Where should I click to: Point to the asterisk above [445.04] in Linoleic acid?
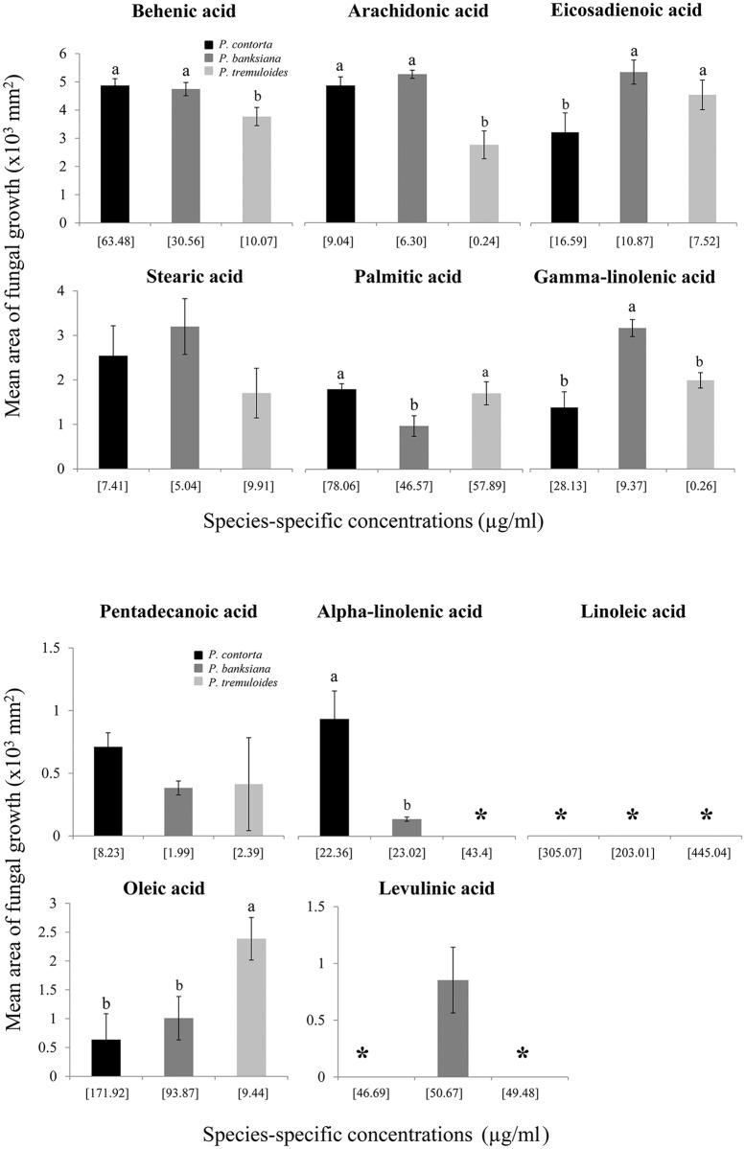click(706, 815)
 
